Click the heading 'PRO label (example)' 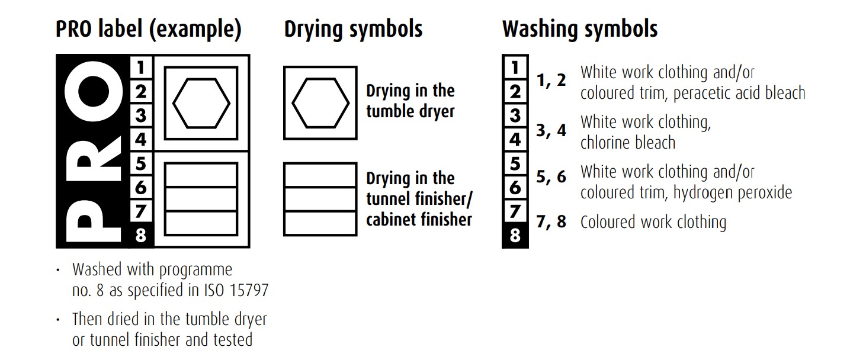[148, 30]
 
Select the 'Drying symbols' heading [353, 30]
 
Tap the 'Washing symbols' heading [580, 28]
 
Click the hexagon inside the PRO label [201, 103]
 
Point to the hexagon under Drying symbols [320, 103]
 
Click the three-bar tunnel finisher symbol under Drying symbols [320, 199]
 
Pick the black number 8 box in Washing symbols [515, 236]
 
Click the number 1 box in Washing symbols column [515, 67]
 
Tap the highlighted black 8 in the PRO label [140, 236]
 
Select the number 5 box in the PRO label [140, 163]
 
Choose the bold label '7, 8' [551, 222]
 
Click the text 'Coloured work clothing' [653, 223]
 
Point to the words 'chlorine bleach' [627, 143]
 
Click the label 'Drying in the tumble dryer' [410, 101]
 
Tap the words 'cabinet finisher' [419, 220]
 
